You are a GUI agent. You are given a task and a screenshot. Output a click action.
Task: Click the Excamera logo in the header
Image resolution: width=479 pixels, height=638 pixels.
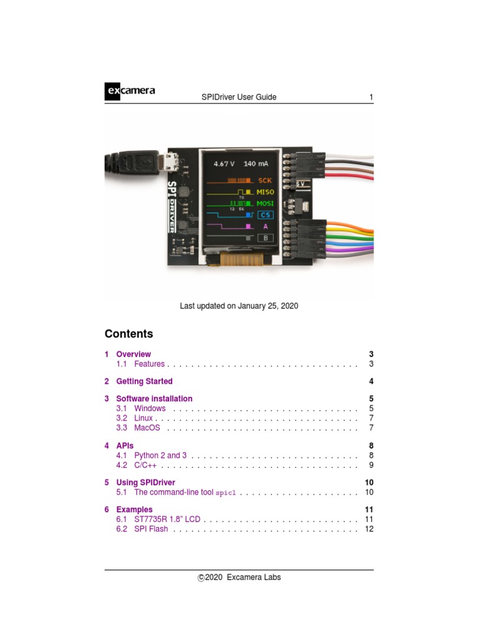pyautogui.click(x=130, y=92)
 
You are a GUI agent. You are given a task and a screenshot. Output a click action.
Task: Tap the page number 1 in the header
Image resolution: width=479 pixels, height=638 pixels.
pyautogui.click(x=371, y=97)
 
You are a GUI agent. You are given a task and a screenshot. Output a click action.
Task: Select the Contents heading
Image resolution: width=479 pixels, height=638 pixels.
pyautogui.click(x=128, y=334)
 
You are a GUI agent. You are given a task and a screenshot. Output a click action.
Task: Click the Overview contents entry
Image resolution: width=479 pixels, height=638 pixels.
pyautogui.click(x=133, y=355)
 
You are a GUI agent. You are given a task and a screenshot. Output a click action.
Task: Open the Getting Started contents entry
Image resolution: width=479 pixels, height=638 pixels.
pyautogui.click(x=144, y=381)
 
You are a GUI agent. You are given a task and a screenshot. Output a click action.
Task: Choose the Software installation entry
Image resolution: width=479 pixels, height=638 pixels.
pyautogui.click(x=154, y=399)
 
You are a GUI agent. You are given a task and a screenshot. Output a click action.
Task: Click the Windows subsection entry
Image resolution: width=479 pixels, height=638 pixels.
pyautogui.click(x=150, y=409)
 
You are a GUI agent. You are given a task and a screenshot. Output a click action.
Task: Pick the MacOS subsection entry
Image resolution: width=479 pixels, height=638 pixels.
pyautogui.click(x=147, y=428)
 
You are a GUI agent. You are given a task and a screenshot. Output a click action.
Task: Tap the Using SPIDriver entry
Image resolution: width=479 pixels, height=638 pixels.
pyautogui.click(x=145, y=482)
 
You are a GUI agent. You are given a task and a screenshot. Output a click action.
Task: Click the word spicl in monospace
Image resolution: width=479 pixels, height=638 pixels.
pyautogui.click(x=226, y=493)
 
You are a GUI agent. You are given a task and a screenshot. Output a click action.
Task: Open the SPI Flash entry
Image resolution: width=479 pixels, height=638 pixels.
pyautogui.click(x=151, y=529)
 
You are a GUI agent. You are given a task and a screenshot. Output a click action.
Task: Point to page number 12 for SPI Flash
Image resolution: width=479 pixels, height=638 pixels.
pyautogui.click(x=369, y=529)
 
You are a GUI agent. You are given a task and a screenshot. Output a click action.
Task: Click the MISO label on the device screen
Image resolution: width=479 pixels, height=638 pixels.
pyautogui.click(x=266, y=192)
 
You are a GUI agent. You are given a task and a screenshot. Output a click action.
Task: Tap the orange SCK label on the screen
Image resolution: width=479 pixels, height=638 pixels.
pyautogui.click(x=265, y=180)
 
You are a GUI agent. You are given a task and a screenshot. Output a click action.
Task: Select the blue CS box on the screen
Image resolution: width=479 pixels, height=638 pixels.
pyautogui.click(x=266, y=215)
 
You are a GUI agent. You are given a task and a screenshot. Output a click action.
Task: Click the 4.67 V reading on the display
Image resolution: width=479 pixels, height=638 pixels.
pyautogui.click(x=224, y=164)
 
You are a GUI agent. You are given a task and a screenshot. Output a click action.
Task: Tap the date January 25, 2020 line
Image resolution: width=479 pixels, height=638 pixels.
pyautogui.click(x=239, y=306)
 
